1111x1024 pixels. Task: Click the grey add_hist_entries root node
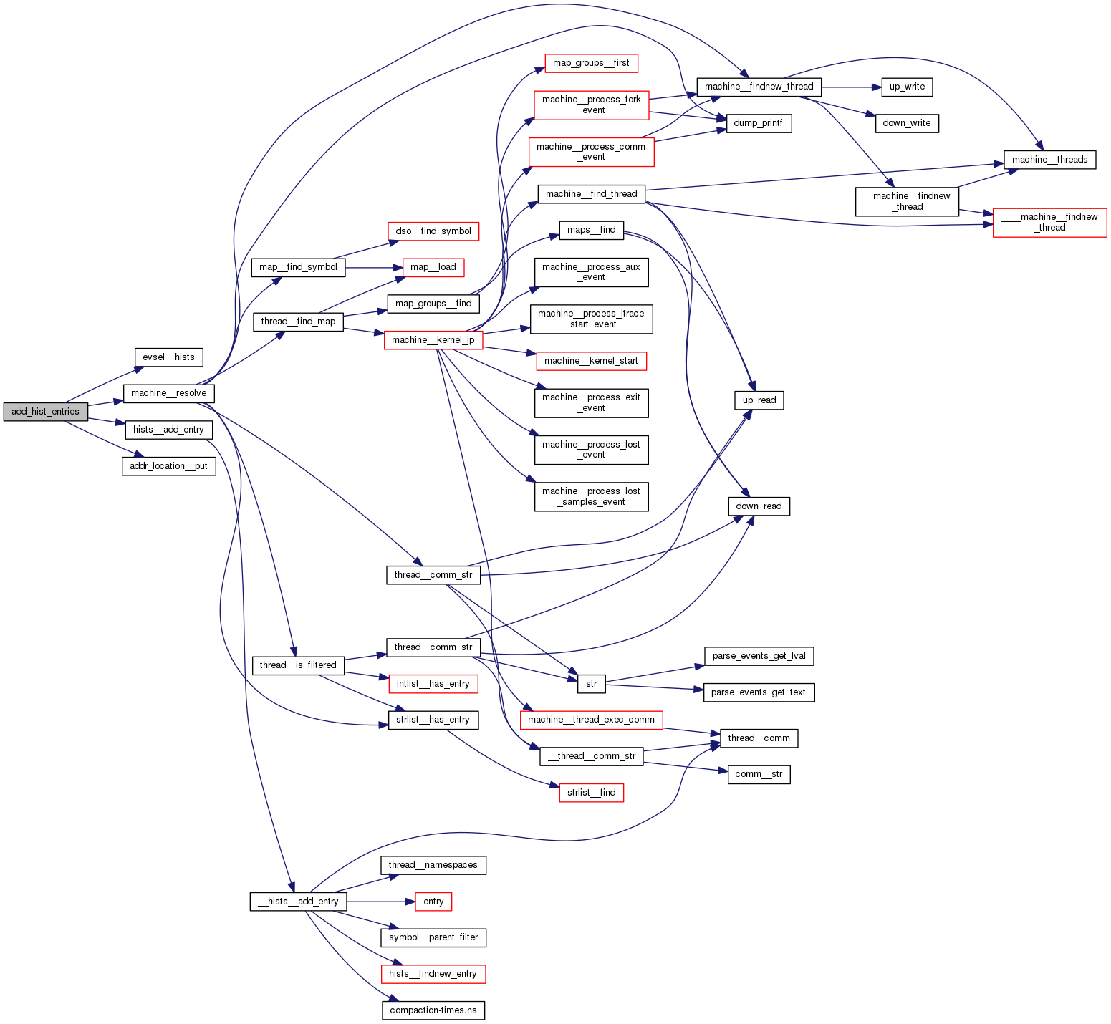[x=46, y=412]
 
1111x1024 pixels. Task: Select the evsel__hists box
[x=168, y=357]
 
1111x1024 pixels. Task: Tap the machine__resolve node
[x=168, y=393]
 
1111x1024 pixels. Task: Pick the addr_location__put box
[x=168, y=466]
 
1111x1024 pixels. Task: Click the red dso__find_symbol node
[x=433, y=231]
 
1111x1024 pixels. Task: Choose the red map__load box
[x=433, y=267]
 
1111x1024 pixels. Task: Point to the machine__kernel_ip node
[x=433, y=340]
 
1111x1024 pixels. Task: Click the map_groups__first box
[x=591, y=63]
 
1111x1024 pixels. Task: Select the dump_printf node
[x=759, y=123]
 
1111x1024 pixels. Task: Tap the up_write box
[x=907, y=87]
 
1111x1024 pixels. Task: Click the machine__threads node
[x=1049, y=160]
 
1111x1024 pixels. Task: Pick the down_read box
[x=759, y=506]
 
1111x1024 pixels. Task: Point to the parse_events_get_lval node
[x=759, y=656]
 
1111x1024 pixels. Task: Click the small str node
[x=591, y=684]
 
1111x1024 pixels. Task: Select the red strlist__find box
[x=591, y=793]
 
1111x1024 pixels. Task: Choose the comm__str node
[x=759, y=774]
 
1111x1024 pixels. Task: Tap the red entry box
[x=433, y=902]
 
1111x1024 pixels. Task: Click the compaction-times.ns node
[x=433, y=1010]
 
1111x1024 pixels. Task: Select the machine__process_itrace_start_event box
[x=591, y=319]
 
